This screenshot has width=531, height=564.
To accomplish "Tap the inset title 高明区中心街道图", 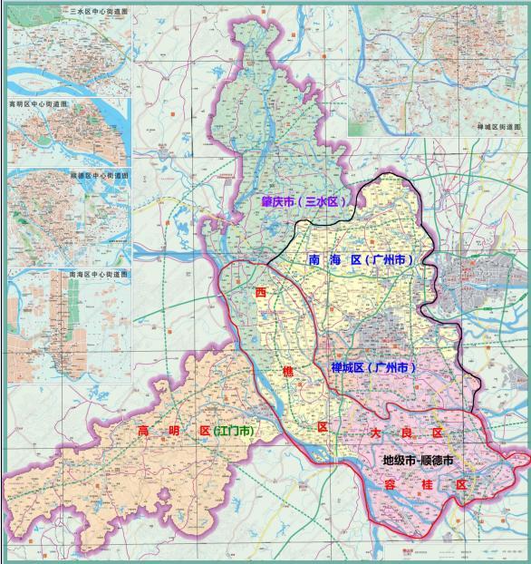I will click(x=43, y=104).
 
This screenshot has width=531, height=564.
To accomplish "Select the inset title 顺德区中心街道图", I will click(x=100, y=174).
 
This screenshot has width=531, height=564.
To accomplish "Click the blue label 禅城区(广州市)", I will click(x=373, y=367).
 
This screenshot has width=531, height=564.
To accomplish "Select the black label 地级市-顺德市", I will click(x=417, y=461).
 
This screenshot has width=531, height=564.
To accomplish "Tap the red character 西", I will click(x=263, y=295).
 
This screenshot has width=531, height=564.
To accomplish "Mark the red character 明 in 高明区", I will click(x=172, y=430).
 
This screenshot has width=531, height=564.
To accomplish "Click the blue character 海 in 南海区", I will click(x=334, y=260).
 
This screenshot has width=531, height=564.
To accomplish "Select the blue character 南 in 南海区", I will click(x=314, y=260).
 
